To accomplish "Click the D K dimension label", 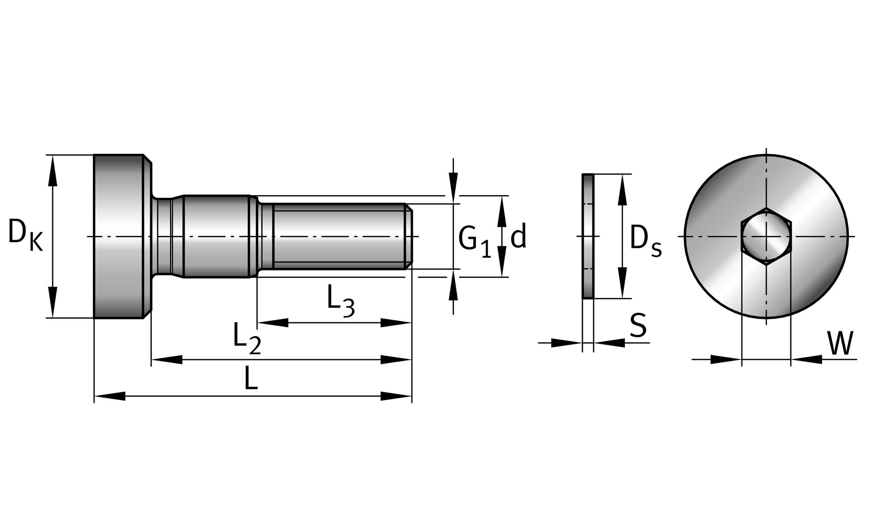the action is point(26,235).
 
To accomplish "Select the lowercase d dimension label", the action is point(518,236).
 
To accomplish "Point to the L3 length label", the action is point(341,301).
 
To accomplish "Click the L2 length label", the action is point(247,339).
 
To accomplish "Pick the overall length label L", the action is point(251,378).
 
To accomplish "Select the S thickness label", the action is point(638,325).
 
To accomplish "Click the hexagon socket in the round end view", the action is point(766,236).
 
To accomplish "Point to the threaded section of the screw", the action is point(342,236).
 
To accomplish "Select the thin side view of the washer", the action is point(588,236).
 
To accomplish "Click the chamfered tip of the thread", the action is point(409,236).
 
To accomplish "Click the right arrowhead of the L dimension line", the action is point(396,396).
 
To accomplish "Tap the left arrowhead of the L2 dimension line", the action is point(167,359).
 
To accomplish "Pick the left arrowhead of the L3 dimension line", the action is point(273,323).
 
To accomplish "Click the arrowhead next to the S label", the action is point(610,343).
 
